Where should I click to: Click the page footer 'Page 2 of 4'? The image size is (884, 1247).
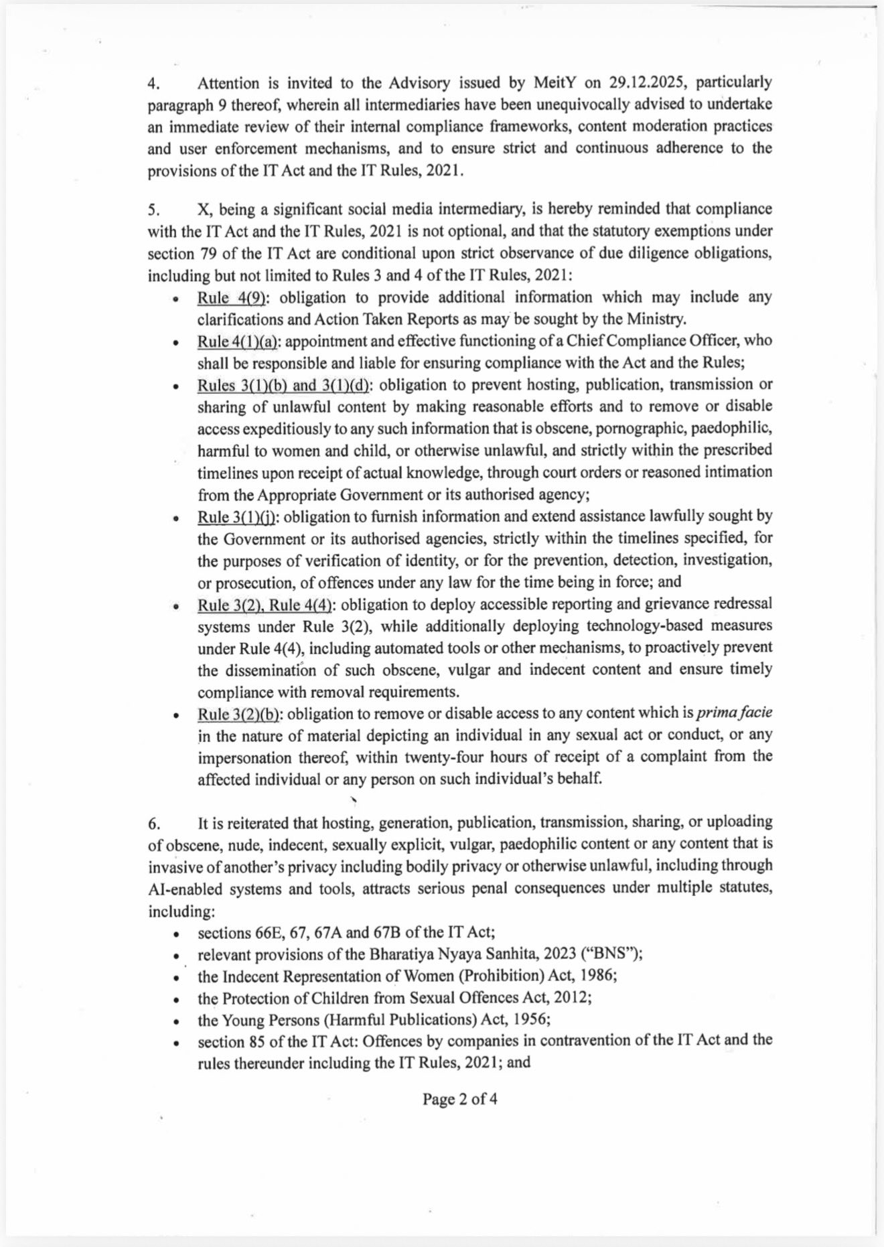coord(459,1099)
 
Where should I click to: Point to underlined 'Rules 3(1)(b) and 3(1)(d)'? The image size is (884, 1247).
coord(283,385)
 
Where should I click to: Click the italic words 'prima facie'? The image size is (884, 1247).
coord(735,714)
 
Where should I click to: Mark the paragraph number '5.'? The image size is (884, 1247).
coord(153,210)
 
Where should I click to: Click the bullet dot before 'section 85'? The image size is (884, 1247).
coord(175,1043)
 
